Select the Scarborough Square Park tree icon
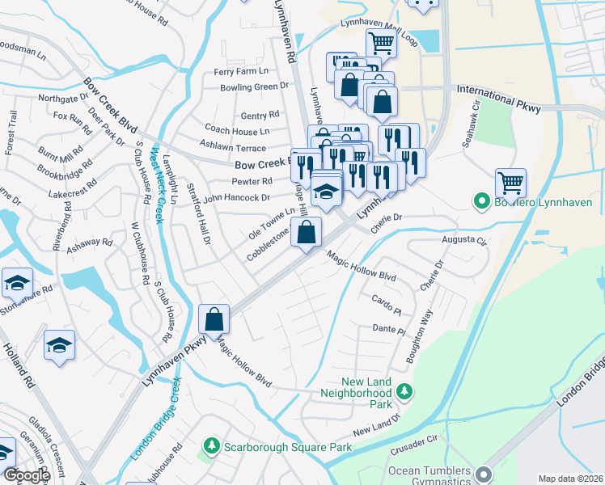click(x=211, y=446)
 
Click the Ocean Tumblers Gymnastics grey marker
click(x=484, y=474)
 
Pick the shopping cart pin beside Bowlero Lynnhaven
click(x=510, y=183)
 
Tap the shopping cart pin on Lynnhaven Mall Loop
click(x=381, y=42)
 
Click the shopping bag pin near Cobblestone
click(x=306, y=233)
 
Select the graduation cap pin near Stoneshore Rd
click(x=17, y=282)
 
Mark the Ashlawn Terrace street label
click(x=234, y=148)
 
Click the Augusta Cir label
click(x=464, y=240)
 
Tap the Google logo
click(x=27, y=475)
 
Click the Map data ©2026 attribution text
click(x=569, y=479)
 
